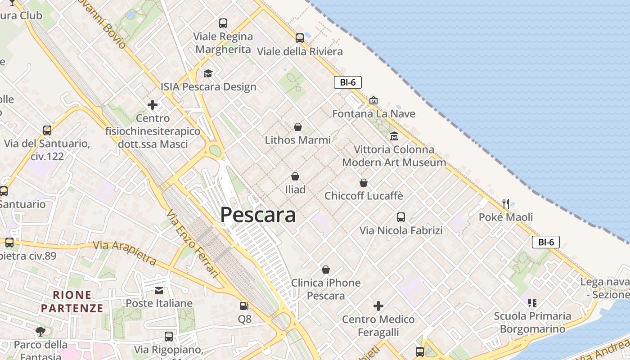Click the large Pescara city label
tap(258, 215)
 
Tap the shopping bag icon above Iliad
tap(295, 176)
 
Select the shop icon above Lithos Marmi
tap(297, 127)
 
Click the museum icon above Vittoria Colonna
tap(394, 136)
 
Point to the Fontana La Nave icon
tap(373, 100)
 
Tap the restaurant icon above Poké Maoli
tap(506, 204)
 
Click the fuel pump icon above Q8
tap(244, 306)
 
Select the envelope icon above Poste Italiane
tap(159, 290)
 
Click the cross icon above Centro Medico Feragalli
tap(378, 306)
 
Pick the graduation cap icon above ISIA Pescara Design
tap(208, 73)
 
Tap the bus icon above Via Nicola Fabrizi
tap(401, 217)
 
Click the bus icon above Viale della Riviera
tap(300, 38)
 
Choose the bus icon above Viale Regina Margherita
tap(223, 23)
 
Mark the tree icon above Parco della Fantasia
tap(40, 332)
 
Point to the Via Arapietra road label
tap(125, 252)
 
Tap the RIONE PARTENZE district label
tap(72, 301)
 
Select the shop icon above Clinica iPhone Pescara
tap(326, 270)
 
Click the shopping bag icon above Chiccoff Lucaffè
tap(364, 183)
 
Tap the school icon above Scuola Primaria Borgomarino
tap(532, 303)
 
